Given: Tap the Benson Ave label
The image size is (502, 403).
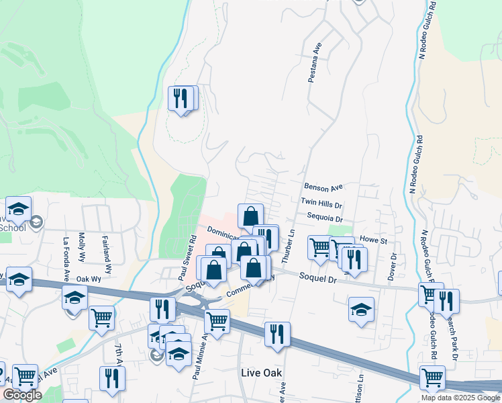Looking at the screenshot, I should pyautogui.click(x=323, y=187).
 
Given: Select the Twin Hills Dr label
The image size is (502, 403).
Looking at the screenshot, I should pyautogui.click(x=322, y=202).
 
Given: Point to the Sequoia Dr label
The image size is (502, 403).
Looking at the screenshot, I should pyautogui.click(x=325, y=218).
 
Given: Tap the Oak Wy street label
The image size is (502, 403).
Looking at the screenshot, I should pyautogui.click(x=88, y=278).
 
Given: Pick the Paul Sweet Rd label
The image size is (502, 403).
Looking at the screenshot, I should pyautogui.click(x=188, y=256).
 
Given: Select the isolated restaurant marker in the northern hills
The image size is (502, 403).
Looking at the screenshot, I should pyautogui.click(x=180, y=99).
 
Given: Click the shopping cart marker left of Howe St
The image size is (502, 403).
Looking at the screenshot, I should pyautogui.click(x=320, y=247).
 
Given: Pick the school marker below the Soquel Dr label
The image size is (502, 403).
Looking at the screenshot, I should pyautogui.click(x=361, y=310).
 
